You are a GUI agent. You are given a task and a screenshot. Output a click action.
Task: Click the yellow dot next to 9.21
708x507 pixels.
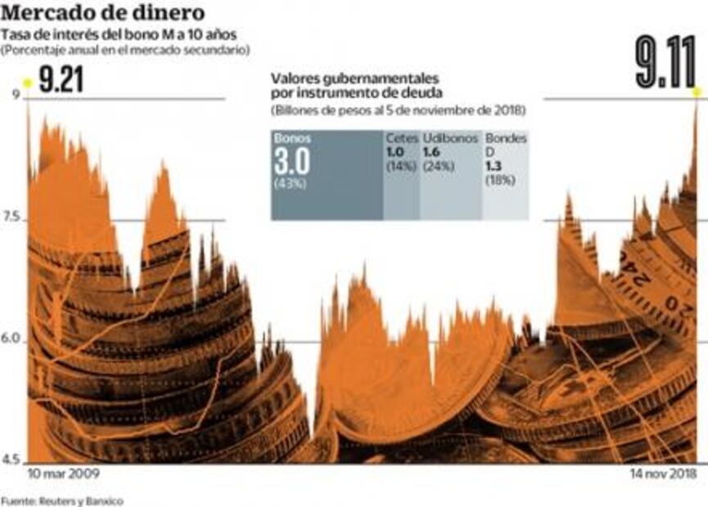pyautogui.click(x=27, y=83)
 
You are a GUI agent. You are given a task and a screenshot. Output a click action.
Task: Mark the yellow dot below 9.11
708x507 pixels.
pyautogui.click(x=697, y=91)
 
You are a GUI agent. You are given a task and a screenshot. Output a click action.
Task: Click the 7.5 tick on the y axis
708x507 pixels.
pyautogui.click(x=13, y=218)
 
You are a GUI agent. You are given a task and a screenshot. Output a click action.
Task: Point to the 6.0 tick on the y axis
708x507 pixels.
pyautogui.click(x=13, y=340)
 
